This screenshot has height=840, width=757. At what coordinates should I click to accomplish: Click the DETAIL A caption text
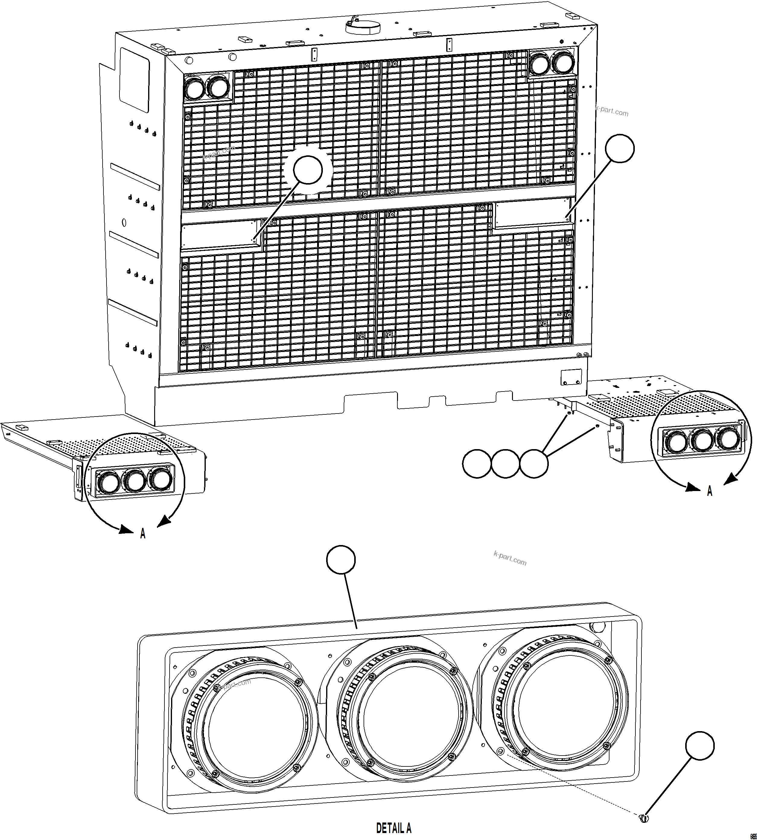click(x=393, y=828)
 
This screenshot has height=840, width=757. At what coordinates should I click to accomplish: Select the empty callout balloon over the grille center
click(x=308, y=170)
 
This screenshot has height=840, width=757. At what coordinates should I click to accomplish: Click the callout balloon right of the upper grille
click(x=619, y=148)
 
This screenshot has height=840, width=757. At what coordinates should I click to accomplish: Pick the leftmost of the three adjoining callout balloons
click(x=477, y=464)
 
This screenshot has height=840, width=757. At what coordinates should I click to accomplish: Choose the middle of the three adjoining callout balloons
click(x=505, y=464)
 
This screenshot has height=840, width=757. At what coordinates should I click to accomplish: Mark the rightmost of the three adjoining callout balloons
click(x=534, y=464)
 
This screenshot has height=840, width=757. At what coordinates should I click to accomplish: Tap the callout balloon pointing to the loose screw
click(x=700, y=746)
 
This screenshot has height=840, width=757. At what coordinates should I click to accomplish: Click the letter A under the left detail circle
click(x=143, y=534)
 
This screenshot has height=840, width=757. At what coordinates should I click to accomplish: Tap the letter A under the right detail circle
click(x=710, y=491)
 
